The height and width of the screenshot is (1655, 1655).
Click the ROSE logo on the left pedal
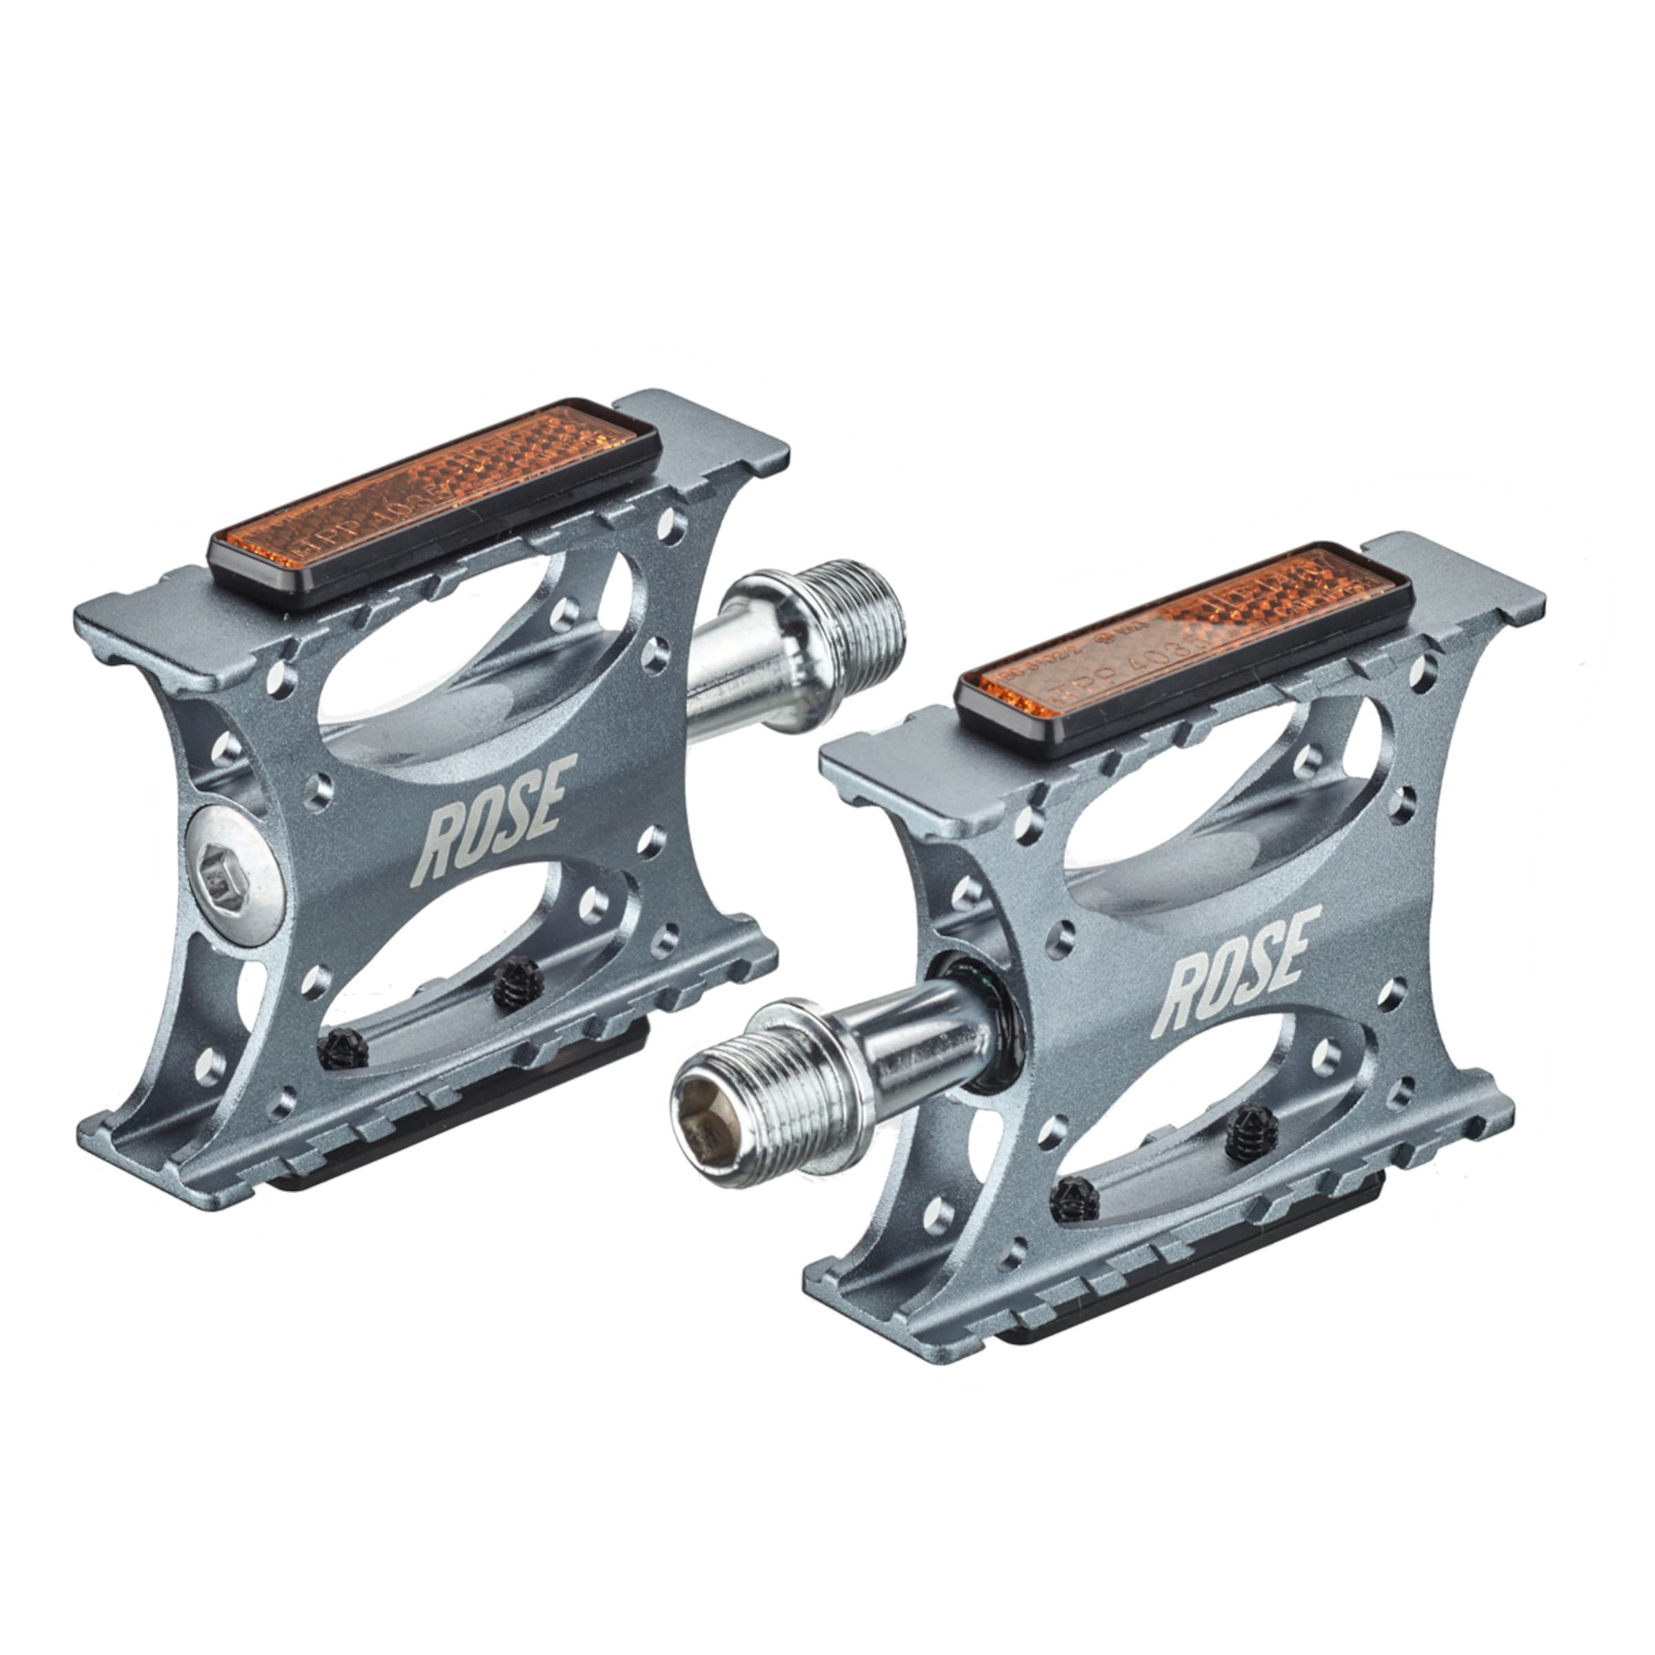pos(492,819)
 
